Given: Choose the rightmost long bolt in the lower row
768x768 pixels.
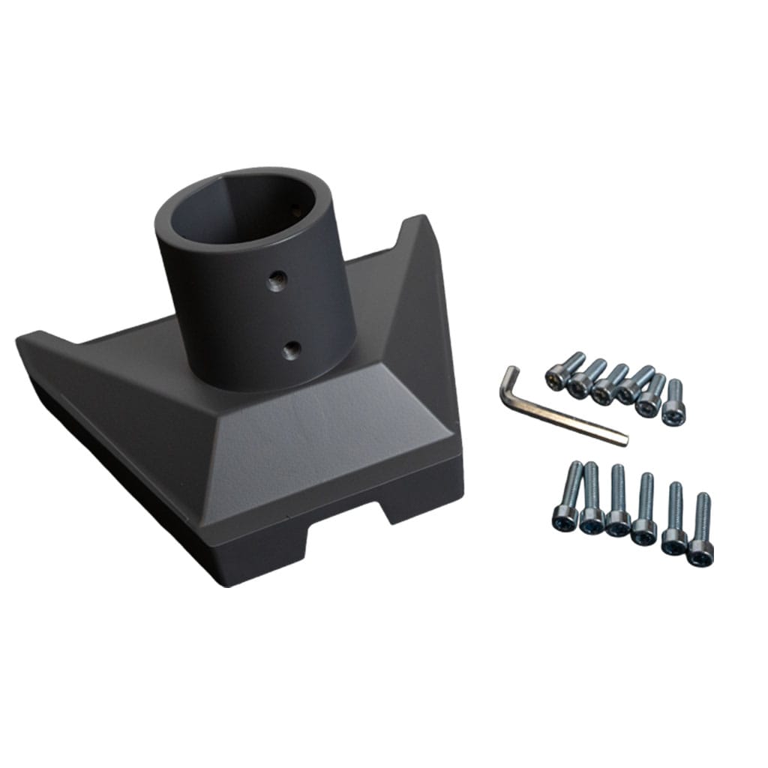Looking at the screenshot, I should [x=700, y=529].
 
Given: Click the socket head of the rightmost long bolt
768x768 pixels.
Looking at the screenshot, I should [x=700, y=553].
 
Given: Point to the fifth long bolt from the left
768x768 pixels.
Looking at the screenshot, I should [x=674, y=517].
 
